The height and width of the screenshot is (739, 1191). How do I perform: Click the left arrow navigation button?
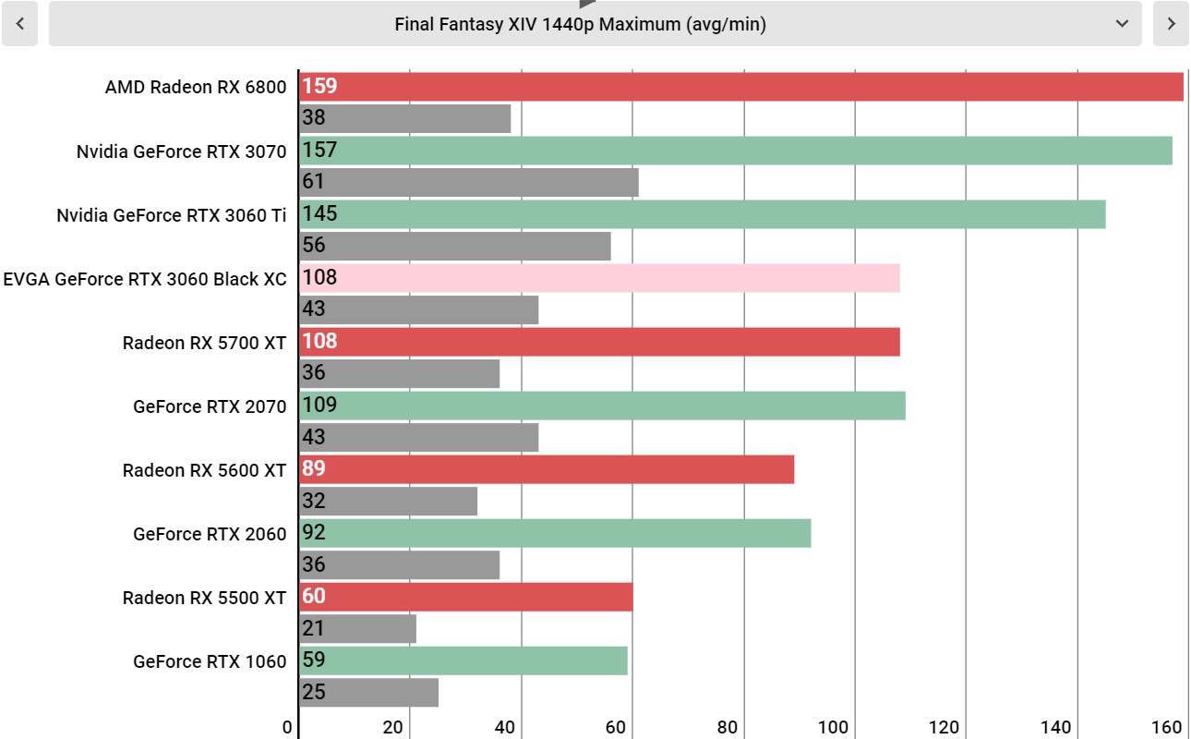click(x=19, y=23)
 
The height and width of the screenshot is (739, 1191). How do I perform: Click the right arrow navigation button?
click(x=1171, y=23)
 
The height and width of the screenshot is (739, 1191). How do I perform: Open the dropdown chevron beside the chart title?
click(x=1122, y=23)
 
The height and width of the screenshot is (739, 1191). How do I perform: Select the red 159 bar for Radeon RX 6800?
click(x=741, y=86)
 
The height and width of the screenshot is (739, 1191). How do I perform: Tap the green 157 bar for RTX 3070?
click(x=735, y=150)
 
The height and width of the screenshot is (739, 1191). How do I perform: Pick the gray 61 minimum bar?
click(x=468, y=182)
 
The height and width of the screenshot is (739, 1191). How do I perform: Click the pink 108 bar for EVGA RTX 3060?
click(x=599, y=278)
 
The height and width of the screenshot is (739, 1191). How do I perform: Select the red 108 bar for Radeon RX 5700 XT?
click(x=599, y=342)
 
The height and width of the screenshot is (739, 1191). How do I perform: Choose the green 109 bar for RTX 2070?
click(x=602, y=406)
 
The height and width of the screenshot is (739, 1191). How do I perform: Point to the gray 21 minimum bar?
click(x=357, y=628)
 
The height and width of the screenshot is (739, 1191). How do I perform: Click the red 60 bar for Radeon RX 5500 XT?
click(x=465, y=597)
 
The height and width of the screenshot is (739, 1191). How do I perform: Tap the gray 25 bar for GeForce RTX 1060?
click(x=368, y=692)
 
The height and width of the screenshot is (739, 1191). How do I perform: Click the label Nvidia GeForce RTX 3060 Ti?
click(x=171, y=215)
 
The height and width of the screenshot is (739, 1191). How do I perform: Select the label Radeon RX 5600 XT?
click(x=204, y=470)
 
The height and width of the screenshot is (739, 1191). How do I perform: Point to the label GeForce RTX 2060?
click(x=210, y=534)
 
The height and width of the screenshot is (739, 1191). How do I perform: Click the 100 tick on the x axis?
click(x=832, y=727)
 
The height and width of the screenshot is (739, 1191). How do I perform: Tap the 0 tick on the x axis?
click(x=287, y=727)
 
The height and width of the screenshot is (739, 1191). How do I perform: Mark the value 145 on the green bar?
click(x=319, y=214)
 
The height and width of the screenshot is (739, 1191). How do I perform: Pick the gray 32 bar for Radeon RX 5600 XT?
click(x=388, y=502)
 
